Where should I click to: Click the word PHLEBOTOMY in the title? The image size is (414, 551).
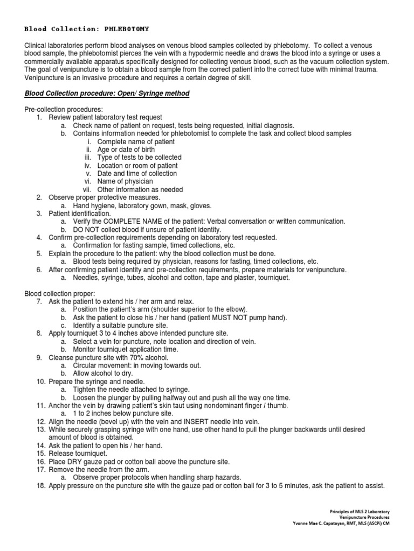click(x=128, y=29)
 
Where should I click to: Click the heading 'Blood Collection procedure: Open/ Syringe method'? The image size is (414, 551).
click(x=107, y=94)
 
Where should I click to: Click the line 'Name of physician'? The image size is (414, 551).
click(x=125, y=181)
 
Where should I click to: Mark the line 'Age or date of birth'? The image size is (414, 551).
click(x=126, y=150)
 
